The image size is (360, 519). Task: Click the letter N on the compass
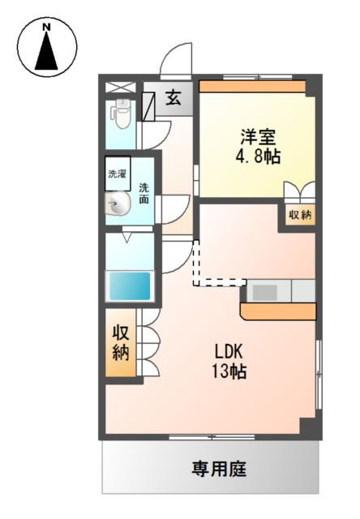click(47, 28)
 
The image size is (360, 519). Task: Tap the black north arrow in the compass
click(47, 54)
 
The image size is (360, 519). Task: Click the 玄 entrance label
click(174, 99)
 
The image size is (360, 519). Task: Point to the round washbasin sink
click(118, 206)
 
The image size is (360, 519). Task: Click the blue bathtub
click(130, 285)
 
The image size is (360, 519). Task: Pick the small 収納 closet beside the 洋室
click(300, 216)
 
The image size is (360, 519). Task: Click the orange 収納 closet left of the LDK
click(121, 342)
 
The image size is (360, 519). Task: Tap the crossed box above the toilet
click(121, 86)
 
